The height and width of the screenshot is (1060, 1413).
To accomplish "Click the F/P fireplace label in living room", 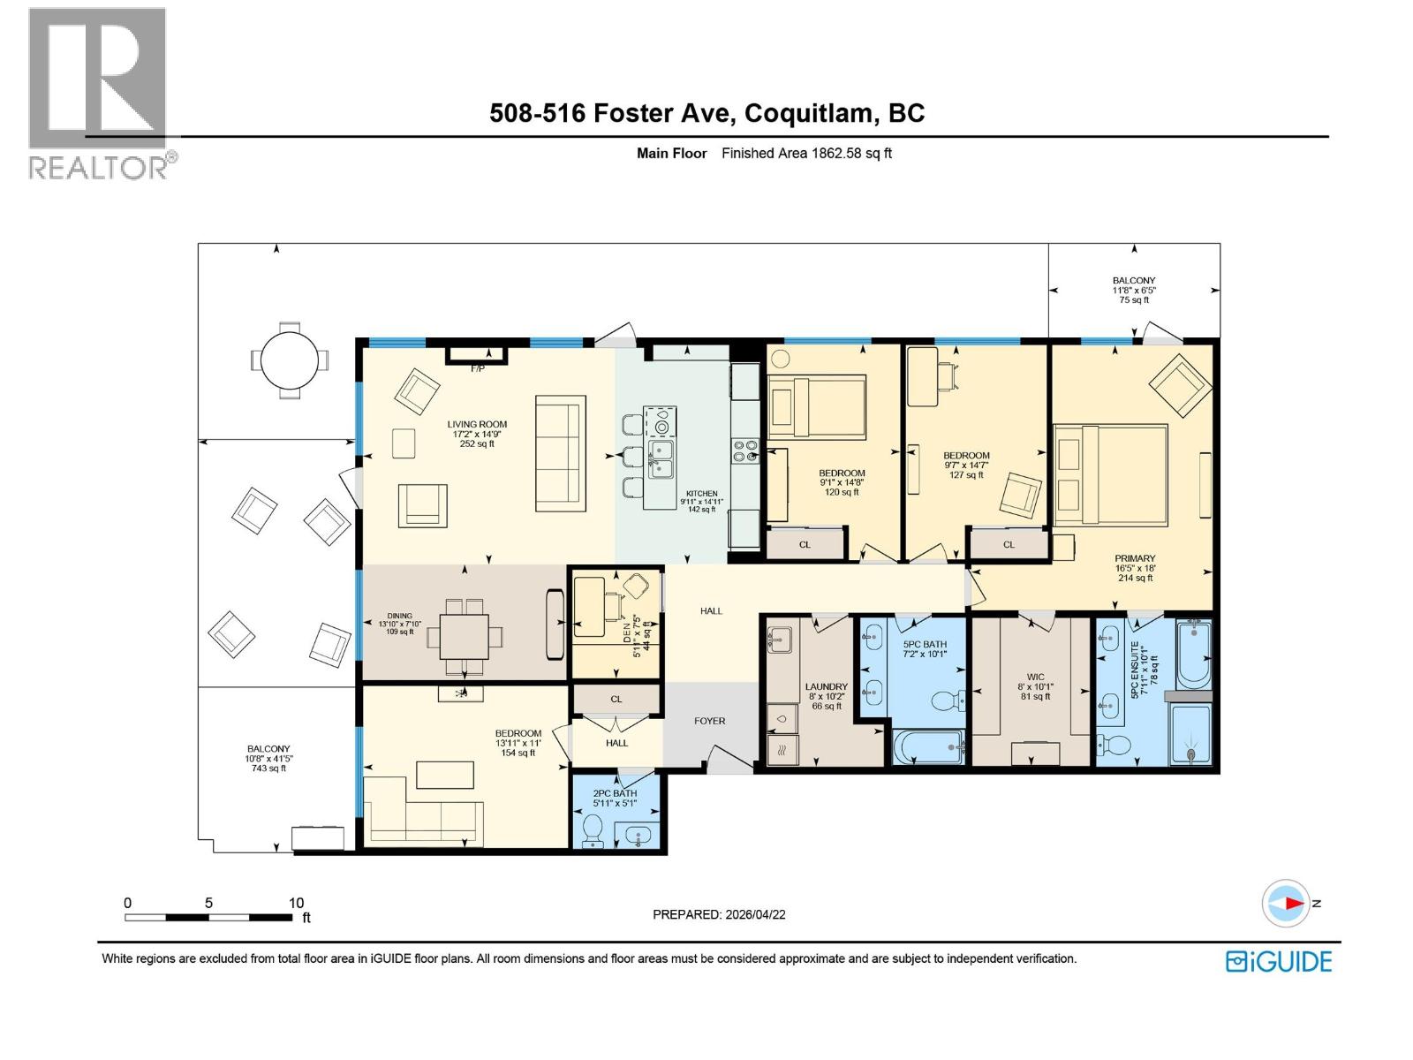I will (477, 367).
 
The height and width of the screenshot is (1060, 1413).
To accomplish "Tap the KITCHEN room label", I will (702, 494).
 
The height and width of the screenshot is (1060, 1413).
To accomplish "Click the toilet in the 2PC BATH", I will (593, 829).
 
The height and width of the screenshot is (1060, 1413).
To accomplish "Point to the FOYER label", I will (709, 721).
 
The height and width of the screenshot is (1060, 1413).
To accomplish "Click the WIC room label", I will (1035, 678).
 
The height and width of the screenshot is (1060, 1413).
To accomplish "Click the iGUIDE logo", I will (1279, 961).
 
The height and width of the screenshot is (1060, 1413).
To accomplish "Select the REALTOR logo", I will (99, 93).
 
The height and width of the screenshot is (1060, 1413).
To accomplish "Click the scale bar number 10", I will (296, 903).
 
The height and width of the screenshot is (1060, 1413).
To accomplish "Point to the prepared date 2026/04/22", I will (754, 914).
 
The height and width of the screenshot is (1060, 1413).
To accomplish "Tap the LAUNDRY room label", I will (826, 686).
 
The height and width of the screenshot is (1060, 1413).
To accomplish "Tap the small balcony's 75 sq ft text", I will (1134, 300).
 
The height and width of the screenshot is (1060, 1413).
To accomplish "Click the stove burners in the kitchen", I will (744, 450).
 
